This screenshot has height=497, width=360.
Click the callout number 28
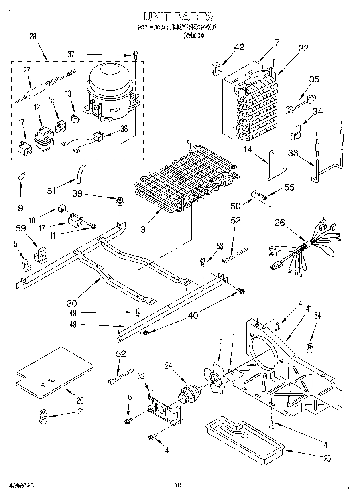33,36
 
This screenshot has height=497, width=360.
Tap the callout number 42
239,47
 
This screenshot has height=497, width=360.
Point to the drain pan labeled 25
245,435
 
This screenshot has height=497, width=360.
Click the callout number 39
77,193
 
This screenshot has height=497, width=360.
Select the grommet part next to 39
119,201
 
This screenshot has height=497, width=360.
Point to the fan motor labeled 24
188,394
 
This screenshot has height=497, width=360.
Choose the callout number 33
293,153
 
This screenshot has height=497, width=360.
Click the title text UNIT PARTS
178,17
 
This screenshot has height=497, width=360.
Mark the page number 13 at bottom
178,485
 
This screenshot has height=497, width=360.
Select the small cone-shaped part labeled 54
310,349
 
